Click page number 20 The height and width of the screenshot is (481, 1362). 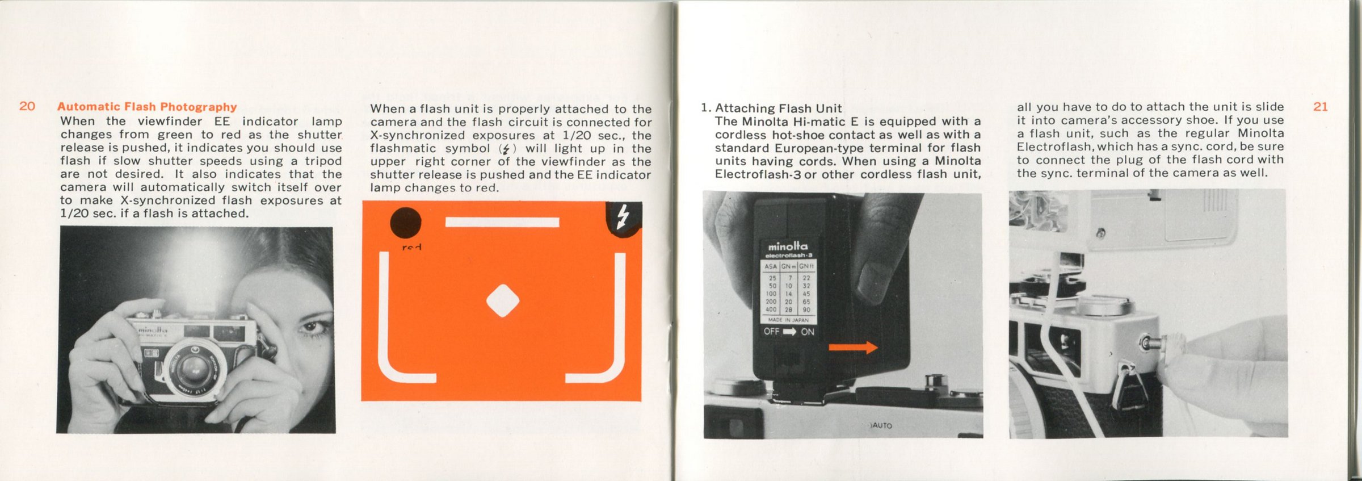click(27, 106)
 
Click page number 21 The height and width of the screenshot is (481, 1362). click(1321, 107)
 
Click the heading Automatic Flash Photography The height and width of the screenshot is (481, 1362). click(147, 107)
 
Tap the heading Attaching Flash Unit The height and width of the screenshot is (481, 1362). click(779, 108)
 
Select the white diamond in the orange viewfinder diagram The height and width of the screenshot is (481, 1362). click(503, 300)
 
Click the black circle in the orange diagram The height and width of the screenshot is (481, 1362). click(406, 222)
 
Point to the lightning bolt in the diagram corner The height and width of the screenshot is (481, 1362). click(623, 218)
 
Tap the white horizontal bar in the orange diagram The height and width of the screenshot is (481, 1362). click(502, 221)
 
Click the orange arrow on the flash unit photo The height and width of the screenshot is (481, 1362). click(853, 348)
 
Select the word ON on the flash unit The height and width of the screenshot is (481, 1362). click(808, 332)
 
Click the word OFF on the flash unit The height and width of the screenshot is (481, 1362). click(771, 331)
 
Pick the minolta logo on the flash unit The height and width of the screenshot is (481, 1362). click(788, 246)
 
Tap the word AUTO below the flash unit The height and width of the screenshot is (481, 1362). click(882, 425)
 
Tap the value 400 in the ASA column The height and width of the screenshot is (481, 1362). click(771, 310)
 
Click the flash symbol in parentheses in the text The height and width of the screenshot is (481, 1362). click(506, 149)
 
